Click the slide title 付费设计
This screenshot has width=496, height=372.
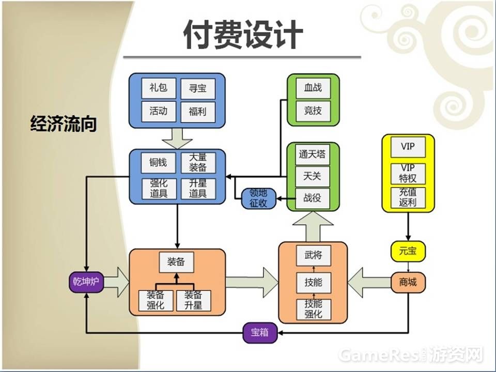243,35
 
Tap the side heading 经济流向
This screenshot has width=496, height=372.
64,125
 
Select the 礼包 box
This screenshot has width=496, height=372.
158,88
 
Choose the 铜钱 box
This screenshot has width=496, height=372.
158,163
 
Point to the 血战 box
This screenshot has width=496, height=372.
313,88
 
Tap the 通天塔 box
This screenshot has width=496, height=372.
313,155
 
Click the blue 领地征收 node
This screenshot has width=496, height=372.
258,198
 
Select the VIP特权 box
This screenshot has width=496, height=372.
408,174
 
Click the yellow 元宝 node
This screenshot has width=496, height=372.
408,251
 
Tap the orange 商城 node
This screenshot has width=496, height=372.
408,282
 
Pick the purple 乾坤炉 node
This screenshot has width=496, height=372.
86,282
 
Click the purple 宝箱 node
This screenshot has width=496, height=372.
260,333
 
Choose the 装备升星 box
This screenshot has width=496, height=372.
193,300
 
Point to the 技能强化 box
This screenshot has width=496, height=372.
313,309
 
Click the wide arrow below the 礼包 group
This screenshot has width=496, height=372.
177,138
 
